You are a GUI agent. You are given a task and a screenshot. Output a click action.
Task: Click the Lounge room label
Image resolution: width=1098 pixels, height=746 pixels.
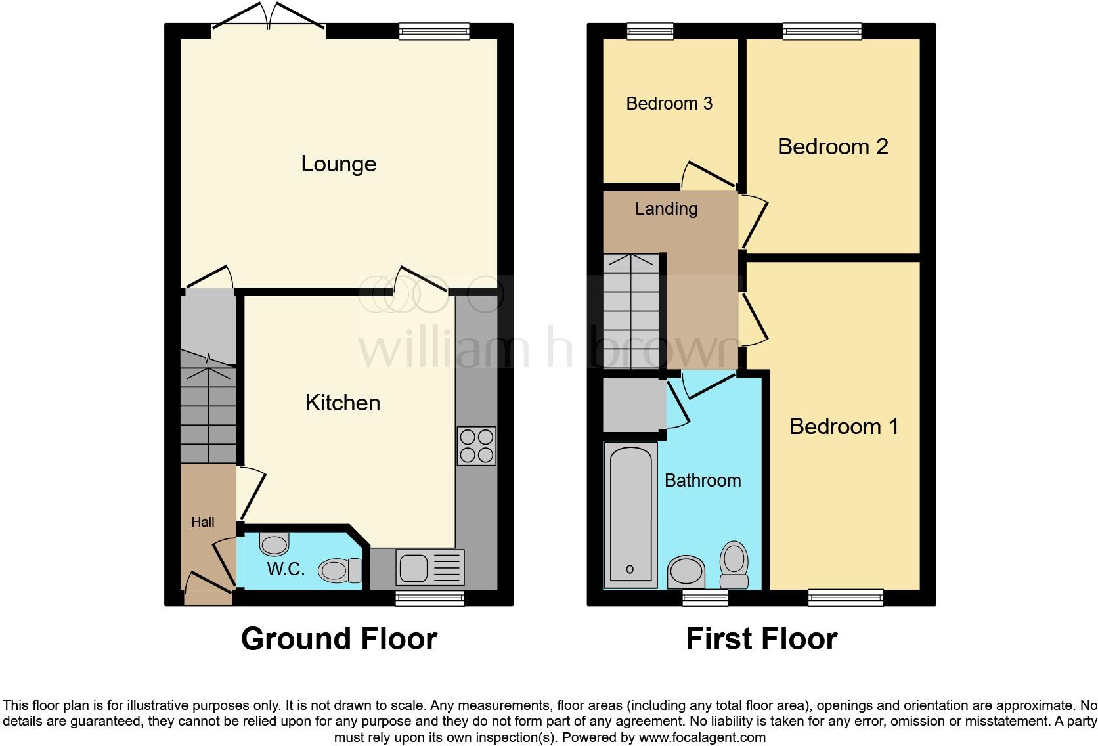pyautogui.click(x=338, y=164)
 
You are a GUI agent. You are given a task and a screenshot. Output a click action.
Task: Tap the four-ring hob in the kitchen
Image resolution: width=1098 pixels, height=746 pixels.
pyautogui.click(x=477, y=446)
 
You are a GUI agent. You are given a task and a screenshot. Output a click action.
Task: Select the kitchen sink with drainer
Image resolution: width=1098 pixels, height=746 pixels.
pyautogui.click(x=429, y=567)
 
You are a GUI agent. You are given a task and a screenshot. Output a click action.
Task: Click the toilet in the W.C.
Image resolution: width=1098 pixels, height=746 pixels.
pyautogui.click(x=340, y=570)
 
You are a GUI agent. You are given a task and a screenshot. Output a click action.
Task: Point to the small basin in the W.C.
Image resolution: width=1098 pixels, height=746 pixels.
pyautogui.click(x=274, y=544)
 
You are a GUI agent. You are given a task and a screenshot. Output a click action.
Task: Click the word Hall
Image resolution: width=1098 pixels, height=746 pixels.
pyautogui.click(x=202, y=522)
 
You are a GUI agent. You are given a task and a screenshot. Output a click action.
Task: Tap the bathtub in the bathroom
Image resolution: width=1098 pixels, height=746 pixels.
pyautogui.click(x=630, y=515)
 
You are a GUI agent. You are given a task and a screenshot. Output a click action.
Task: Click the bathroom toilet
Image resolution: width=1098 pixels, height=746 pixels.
pyautogui.click(x=734, y=564)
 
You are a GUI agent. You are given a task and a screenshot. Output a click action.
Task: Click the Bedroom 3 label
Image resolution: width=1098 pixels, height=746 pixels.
pyautogui.click(x=669, y=103)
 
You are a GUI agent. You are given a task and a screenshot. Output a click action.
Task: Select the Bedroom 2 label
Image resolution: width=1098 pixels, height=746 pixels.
pyautogui.click(x=832, y=146)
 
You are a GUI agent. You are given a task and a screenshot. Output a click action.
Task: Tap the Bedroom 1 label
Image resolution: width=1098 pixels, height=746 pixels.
pyautogui.click(x=843, y=426)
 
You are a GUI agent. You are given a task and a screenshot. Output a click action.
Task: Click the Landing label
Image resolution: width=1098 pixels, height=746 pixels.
pyautogui.click(x=666, y=209)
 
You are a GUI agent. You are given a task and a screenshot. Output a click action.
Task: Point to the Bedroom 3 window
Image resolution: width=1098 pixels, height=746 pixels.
pyautogui.click(x=650, y=30)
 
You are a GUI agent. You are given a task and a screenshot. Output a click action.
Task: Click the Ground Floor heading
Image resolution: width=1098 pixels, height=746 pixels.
pyautogui.click(x=339, y=638)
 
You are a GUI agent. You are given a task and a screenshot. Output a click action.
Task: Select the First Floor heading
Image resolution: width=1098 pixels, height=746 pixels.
pyautogui.click(x=761, y=638)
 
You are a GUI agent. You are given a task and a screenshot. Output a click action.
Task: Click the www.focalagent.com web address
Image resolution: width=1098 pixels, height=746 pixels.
pyautogui.click(x=701, y=737)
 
